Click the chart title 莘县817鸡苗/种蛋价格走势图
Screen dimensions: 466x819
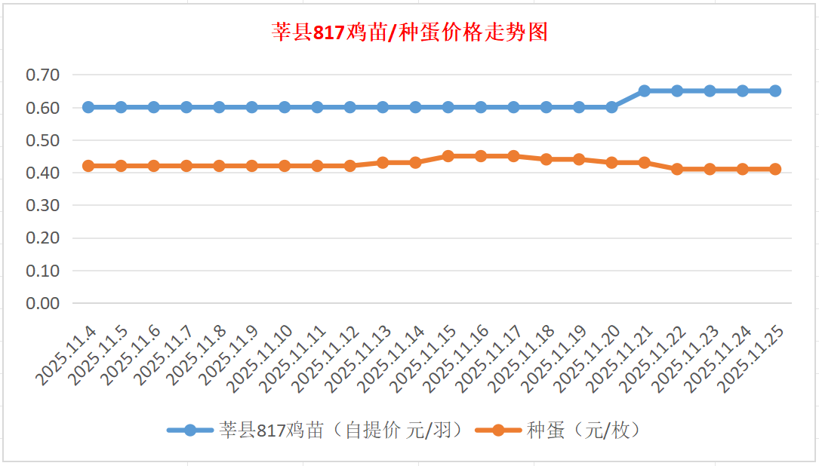pyautogui.click(x=409, y=33)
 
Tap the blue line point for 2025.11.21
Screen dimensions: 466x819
pyautogui.click(x=645, y=90)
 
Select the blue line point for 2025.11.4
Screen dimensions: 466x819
pyautogui.click(x=88, y=107)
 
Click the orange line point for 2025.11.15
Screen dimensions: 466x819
pyautogui.click(x=448, y=156)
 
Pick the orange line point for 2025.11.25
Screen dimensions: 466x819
pyautogui.click(x=775, y=169)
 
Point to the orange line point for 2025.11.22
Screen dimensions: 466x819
pyautogui.click(x=677, y=169)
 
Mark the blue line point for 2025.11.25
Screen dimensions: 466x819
pyautogui.click(x=775, y=90)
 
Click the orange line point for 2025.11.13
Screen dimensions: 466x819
pyautogui.click(x=383, y=162)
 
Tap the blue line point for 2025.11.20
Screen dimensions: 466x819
pyautogui.click(x=611, y=107)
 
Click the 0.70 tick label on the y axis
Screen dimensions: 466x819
pyautogui.click(x=42, y=75)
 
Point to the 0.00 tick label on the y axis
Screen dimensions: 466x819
pyautogui.click(x=42, y=303)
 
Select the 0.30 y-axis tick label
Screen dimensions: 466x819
pyautogui.click(x=42, y=205)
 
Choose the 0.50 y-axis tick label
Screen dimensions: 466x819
pyautogui.click(x=42, y=140)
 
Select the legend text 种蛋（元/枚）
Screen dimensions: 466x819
pyautogui.click(x=583, y=431)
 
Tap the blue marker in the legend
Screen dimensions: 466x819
pyautogui.click(x=189, y=431)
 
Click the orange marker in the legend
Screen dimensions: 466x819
pyautogui.click(x=498, y=431)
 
